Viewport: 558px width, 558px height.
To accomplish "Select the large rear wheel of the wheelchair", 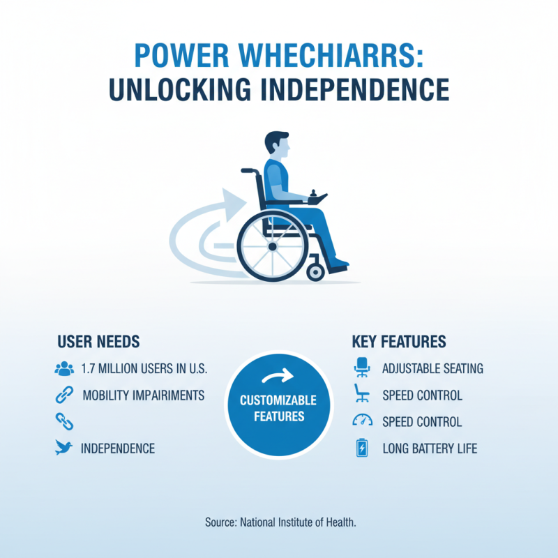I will [x=272, y=246].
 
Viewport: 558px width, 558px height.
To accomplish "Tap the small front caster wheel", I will [x=315, y=270].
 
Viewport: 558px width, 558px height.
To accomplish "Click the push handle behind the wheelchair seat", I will [x=247, y=170].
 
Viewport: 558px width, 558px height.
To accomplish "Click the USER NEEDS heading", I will [x=98, y=342].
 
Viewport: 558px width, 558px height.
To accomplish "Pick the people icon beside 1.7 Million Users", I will [x=63, y=369].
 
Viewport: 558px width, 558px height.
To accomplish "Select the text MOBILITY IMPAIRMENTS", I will [x=143, y=395].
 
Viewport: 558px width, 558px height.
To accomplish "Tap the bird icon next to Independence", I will [x=63, y=448].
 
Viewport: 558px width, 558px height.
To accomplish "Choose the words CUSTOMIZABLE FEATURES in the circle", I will [x=278, y=409].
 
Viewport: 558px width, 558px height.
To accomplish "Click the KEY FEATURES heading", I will [x=399, y=342].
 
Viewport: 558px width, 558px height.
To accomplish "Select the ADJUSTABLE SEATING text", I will [x=432, y=369].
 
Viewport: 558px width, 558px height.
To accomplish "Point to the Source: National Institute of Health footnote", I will [x=280, y=522].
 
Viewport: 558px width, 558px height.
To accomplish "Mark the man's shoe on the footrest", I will [x=339, y=264].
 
